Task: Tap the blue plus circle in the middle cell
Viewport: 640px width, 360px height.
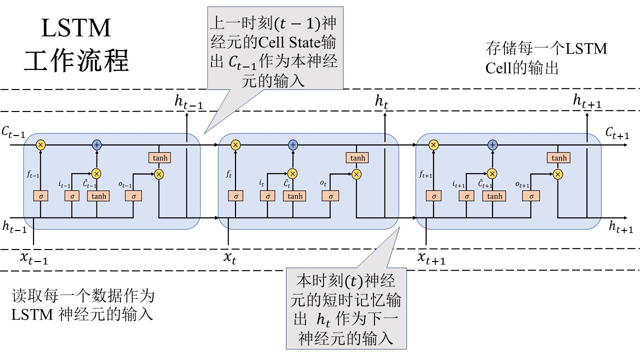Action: tap(293, 145)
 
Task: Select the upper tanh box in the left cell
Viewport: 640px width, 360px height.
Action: tap(159, 158)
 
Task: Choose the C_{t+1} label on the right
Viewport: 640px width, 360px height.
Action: tap(616, 132)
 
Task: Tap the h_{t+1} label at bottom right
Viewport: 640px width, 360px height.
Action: tap(620, 227)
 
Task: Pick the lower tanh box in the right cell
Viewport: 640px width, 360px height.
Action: tap(494, 196)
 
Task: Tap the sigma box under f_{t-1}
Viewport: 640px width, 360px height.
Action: tap(40, 196)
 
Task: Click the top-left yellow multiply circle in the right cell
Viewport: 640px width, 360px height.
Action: tap(434, 145)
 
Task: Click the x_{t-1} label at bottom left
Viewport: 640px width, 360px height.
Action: tap(34, 258)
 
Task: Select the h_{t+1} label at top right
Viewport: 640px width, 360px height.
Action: tap(587, 101)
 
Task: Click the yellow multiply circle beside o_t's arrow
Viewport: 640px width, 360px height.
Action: tap(356, 174)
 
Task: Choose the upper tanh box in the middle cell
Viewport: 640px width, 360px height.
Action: tap(357, 158)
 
